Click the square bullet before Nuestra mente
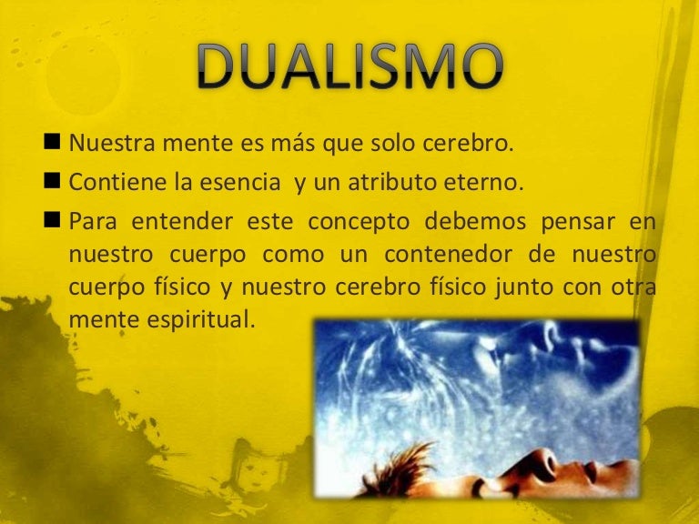pyautogui.click(x=51, y=144)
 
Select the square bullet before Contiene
pyautogui.click(x=51, y=183)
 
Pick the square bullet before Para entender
pyautogui.click(x=51, y=223)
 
